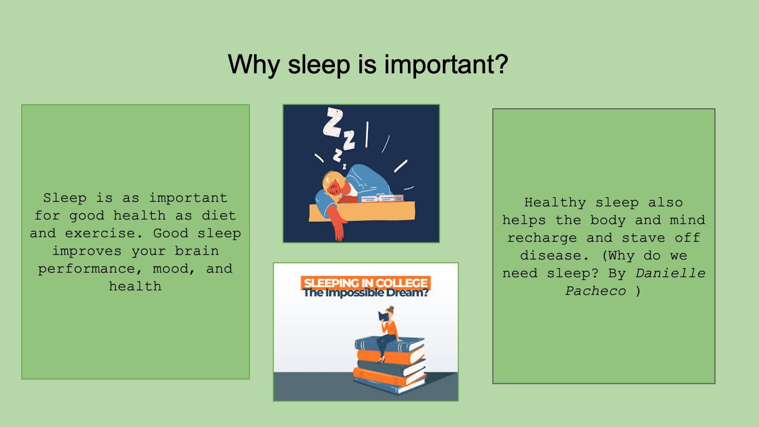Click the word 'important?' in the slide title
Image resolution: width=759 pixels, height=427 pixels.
446,65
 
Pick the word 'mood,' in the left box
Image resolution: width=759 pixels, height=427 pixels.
174,269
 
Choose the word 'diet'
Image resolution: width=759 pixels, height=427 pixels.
219,216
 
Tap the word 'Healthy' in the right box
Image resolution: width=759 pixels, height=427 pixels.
555,203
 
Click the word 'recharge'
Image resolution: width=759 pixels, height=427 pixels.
542,238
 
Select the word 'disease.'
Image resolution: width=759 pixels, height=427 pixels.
555,256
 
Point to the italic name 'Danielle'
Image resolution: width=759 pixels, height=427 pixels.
670,274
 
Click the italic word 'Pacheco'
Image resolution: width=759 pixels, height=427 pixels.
596,291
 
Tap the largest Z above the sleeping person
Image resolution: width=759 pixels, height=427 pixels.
333,122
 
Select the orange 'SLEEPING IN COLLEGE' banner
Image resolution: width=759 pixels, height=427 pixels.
365,283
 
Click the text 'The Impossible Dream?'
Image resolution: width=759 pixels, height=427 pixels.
365,293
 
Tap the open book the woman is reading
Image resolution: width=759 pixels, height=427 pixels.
384,316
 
